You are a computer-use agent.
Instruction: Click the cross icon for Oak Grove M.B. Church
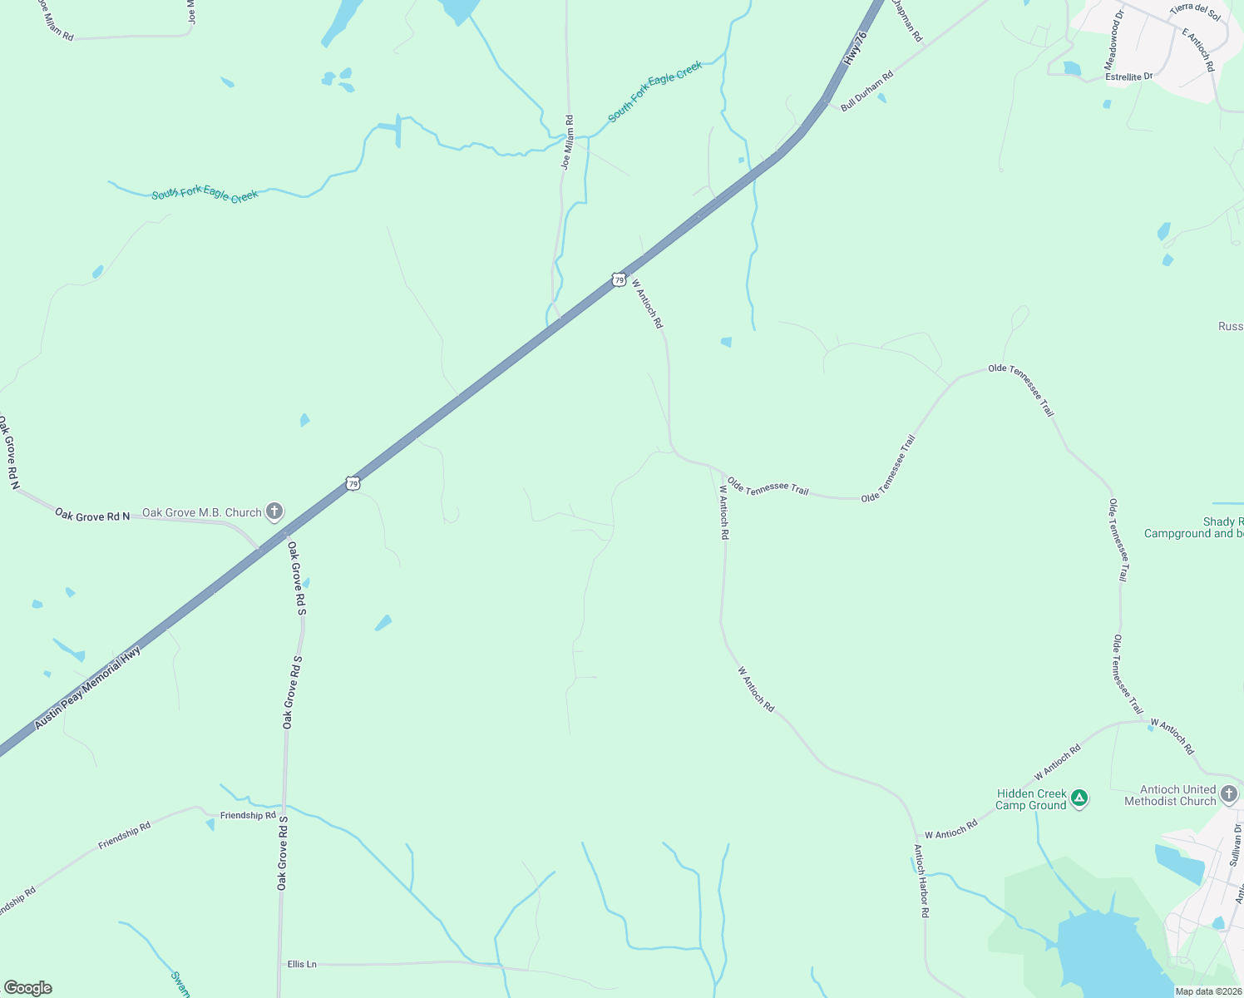tap(274, 512)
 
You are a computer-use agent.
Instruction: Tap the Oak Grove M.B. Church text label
tap(202, 512)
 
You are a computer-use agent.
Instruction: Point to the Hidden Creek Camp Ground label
tap(1031, 799)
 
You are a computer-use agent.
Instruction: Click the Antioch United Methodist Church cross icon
tap(1229, 794)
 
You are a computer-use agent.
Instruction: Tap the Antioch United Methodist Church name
tap(1170, 795)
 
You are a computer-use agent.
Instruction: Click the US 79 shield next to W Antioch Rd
tap(619, 280)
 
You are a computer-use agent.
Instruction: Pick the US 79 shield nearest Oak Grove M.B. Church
tap(353, 483)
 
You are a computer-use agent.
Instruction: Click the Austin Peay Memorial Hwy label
tap(87, 689)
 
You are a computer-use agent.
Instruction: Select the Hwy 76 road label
tap(855, 49)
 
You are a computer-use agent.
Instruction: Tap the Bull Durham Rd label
tap(866, 91)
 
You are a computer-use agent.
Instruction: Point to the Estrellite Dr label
tap(1128, 77)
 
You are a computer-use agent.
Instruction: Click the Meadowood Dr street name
tap(1113, 41)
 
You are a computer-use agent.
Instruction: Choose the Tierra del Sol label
tap(1195, 12)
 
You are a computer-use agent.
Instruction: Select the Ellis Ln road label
tap(302, 964)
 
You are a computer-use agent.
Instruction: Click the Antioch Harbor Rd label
tap(921, 881)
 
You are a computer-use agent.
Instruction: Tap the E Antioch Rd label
tap(1198, 49)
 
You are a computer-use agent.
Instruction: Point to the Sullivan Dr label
tap(1235, 846)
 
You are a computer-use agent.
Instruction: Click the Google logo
tap(28, 988)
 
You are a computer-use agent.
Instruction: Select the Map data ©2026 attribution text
tap(1207, 991)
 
